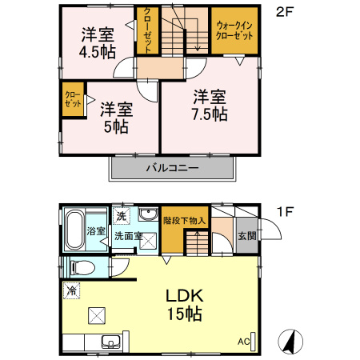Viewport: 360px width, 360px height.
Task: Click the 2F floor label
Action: coord(283,12)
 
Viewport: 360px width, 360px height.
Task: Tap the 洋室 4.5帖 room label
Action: coord(97,42)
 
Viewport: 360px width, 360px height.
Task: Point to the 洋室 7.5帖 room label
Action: coord(209,105)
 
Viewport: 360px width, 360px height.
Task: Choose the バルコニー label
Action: coord(171,169)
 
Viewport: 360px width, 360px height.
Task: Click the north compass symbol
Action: coord(290,342)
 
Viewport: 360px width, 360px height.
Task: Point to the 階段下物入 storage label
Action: coord(185,220)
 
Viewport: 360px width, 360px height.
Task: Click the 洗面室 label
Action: coord(127,237)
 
